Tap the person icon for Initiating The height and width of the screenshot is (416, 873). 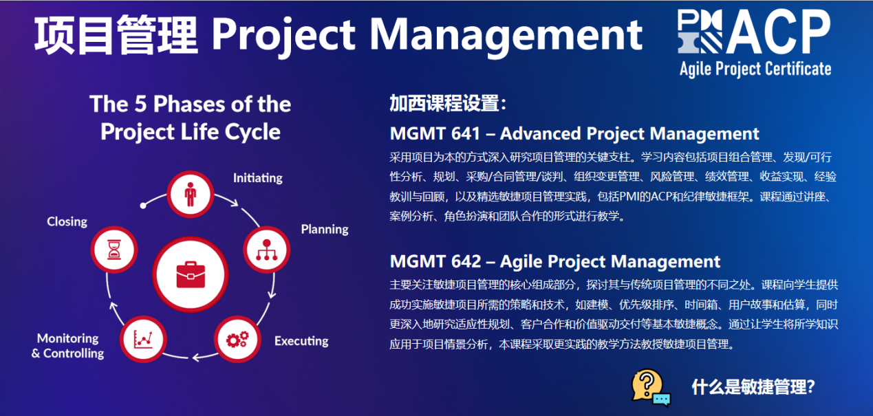(x=190, y=194)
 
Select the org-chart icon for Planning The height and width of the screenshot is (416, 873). (x=266, y=250)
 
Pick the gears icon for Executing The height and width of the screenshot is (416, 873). (x=237, y=339)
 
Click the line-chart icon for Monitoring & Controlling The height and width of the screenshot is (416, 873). (x=143, y=339)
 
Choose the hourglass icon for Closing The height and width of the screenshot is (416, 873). (x=114, y=250)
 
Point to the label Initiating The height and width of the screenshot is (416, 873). (x=257, y=178)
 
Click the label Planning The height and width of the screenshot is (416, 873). (x=325, y=230)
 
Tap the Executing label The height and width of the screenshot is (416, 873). (x=301, y=341)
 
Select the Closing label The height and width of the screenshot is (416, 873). (x=67, y=221)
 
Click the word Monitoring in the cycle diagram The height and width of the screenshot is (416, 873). (x=68, y=338)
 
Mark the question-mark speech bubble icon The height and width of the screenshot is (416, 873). (x=651, y=388)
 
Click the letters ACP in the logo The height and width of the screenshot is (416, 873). (x=778, y=32)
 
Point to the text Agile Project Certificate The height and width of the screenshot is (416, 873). (x=755, y=69)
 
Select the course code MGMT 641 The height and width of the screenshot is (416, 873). (x=435, y=133)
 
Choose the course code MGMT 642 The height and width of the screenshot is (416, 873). (x=435, y=261)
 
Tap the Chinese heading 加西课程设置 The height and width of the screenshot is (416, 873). (x=444, y=104)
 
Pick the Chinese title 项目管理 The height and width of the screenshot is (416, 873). (x=116, y=35)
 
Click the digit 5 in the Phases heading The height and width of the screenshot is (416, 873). (x=141, y=105)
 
